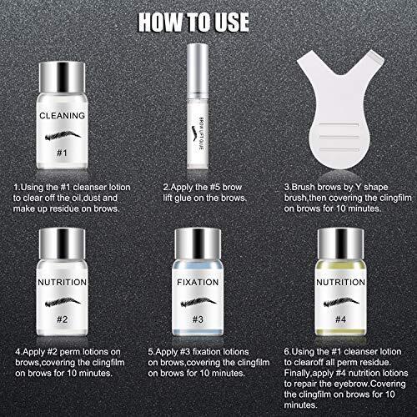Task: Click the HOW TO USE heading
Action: [x=208, y=21]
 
